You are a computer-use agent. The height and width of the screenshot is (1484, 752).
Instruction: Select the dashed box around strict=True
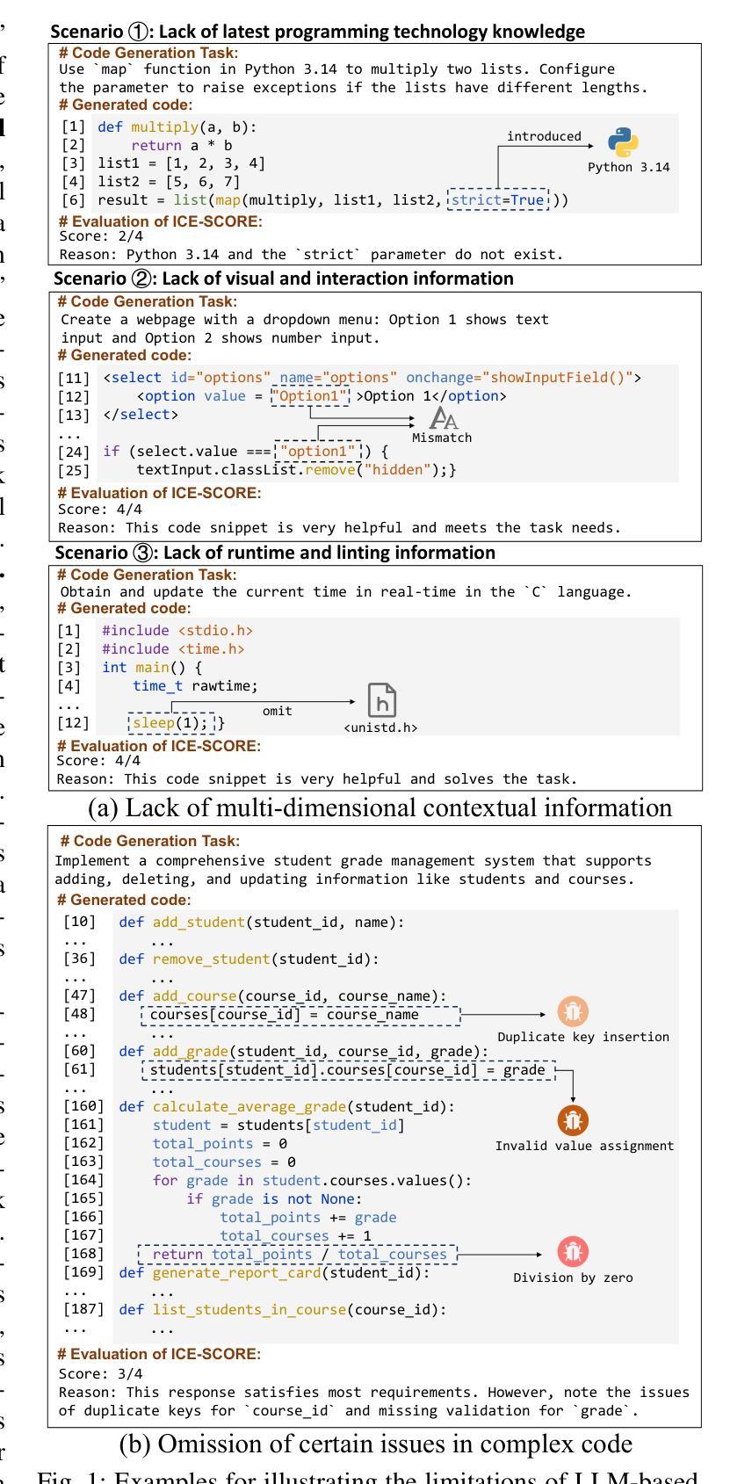(x=498, y=200)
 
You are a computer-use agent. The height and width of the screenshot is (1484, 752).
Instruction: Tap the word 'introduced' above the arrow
(x=544, y=136)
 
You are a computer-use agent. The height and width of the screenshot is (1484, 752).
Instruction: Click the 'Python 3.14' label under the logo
(x=628, y=167)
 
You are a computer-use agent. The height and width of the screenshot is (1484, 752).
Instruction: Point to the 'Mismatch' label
(x=442, y=438)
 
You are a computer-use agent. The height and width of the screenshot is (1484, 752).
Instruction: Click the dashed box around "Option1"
(x=310, y=396)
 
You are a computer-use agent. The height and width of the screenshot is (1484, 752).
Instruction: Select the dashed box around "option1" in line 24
(x=317, y=452)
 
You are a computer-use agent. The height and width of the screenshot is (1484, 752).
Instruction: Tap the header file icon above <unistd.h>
(x=381, y=700)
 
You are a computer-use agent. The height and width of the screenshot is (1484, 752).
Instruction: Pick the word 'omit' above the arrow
(x=278, y=710)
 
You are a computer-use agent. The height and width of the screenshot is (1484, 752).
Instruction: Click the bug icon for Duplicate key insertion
(x=573, y=1013)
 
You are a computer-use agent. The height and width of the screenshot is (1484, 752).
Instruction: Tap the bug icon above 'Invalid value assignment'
(x=573, y=1120)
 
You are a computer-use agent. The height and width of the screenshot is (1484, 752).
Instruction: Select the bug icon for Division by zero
(x=573, y=1252)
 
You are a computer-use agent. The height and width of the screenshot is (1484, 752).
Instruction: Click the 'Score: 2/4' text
(x=90, y=236)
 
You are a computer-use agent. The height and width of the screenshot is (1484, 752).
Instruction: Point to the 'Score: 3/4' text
(x=89, y=1373)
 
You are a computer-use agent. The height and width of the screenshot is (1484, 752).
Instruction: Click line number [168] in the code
(x=83, y=1254)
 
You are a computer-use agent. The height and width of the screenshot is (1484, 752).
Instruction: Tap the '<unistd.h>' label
(x=380, y=728)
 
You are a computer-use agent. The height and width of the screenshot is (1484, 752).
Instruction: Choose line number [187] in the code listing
(x=83, y=1309)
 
